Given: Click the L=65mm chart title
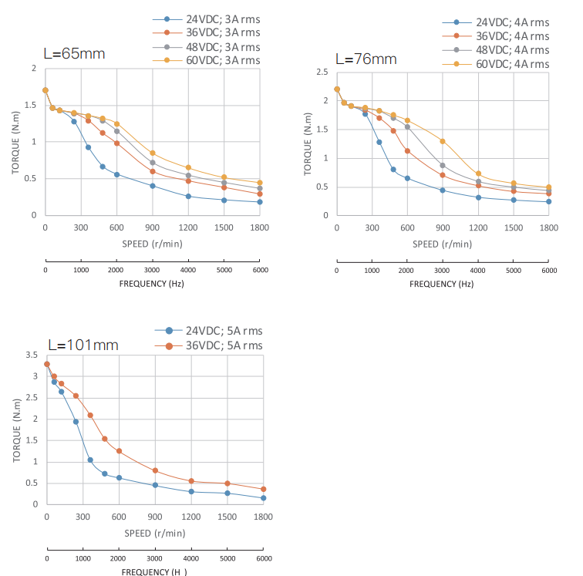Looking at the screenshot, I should coord(73,54).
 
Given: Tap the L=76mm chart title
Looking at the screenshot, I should coord(366,59).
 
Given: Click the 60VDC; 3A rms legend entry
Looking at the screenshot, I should coord(223,60).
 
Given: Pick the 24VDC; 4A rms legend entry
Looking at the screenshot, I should coord(512,22).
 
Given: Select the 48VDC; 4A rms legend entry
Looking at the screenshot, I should coord(512,50).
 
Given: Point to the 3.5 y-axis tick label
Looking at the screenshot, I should coord(32,355).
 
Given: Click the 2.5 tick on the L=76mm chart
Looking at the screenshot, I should coord(322,72).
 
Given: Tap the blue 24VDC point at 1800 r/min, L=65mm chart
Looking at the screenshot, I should coord(260,202).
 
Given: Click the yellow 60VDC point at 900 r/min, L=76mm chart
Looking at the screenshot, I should coord(443,141).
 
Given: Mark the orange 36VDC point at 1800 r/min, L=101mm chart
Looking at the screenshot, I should coord(264,489).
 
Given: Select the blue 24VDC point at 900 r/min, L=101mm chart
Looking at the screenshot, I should coord(155,485).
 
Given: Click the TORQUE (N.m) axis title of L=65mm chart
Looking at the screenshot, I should coord(15,142).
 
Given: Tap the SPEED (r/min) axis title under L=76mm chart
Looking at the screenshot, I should coord(442,244).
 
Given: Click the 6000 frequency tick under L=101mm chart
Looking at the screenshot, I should coord(264,558).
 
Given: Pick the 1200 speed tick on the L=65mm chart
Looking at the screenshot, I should coord(188,227).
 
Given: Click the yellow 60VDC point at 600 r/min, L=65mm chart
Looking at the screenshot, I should coord(117,124).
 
